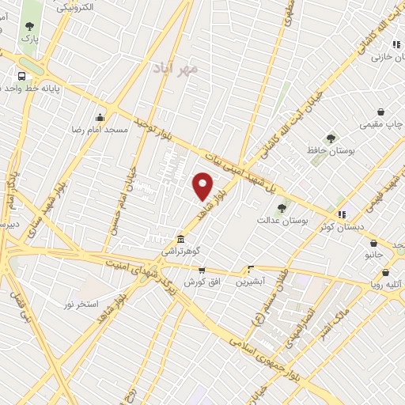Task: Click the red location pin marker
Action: pyautogui.click(x=203, y=184)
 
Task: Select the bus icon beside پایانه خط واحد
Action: pyautogui.click(x=22, y=77)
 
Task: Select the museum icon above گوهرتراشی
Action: pyautogui.click(x=181, y=239)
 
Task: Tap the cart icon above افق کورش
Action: pyautogui.click(x=202, y=270)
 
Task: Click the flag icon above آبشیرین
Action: pyautogui.click(x=252, y=269)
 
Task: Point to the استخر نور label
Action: pyautogui.click(x=81, y=304)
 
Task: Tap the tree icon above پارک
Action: pyautogui.click(x=29, y=26)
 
